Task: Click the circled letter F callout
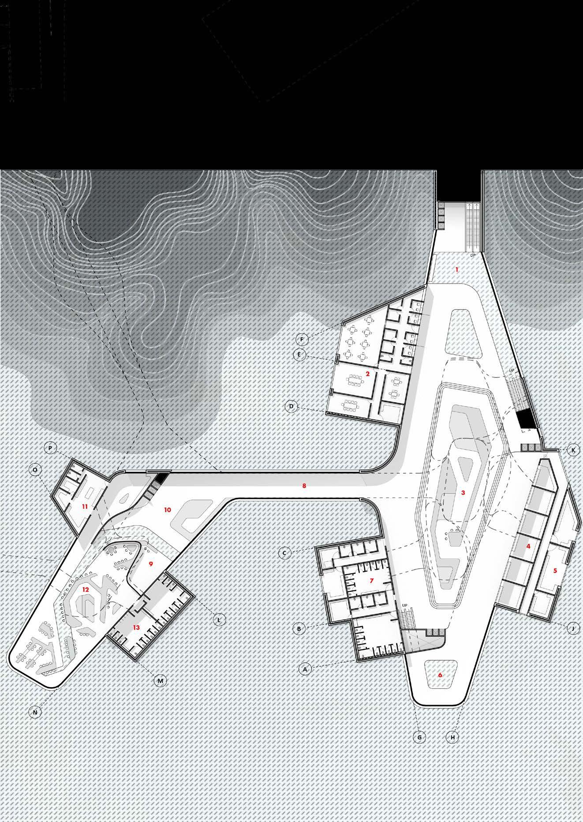tap(302, 340)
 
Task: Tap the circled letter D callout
tap(291, 406)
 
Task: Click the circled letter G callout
tap(419, 737)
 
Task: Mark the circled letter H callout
tap(452, 737)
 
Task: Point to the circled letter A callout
tap(304, 669)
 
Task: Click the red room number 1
tap(457, 269)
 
